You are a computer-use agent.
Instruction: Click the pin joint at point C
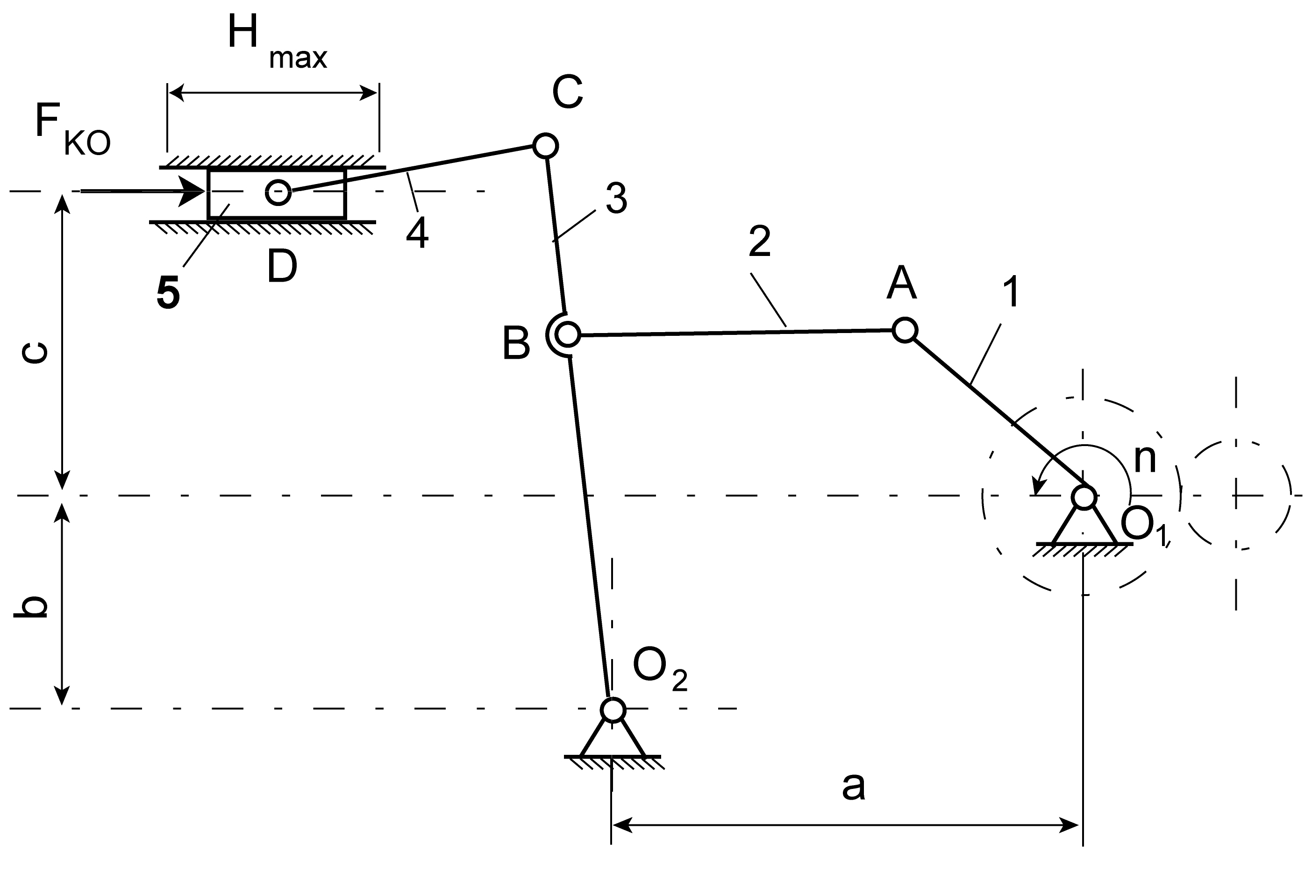[x=545, y=146]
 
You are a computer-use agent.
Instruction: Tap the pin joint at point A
[x=905, y=330]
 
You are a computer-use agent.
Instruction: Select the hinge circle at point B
[x=567, y=334]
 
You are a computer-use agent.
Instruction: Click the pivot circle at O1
[x=1084, y=497]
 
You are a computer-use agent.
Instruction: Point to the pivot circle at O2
[x=613, y=710]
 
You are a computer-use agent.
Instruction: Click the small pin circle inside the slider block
[x=278, y=192]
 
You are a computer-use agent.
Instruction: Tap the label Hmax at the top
[x=277, y=43]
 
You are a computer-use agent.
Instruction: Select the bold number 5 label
[x=168, y=293]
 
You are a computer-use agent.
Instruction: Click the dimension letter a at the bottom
[x=853, y=786]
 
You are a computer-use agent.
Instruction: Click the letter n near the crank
[x=1145, y=459]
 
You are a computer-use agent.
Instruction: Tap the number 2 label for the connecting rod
[x=760, y=241]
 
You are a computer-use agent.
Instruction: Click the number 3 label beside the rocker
[x=616, y=198]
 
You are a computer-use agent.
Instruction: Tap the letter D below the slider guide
[x=282, y=267]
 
